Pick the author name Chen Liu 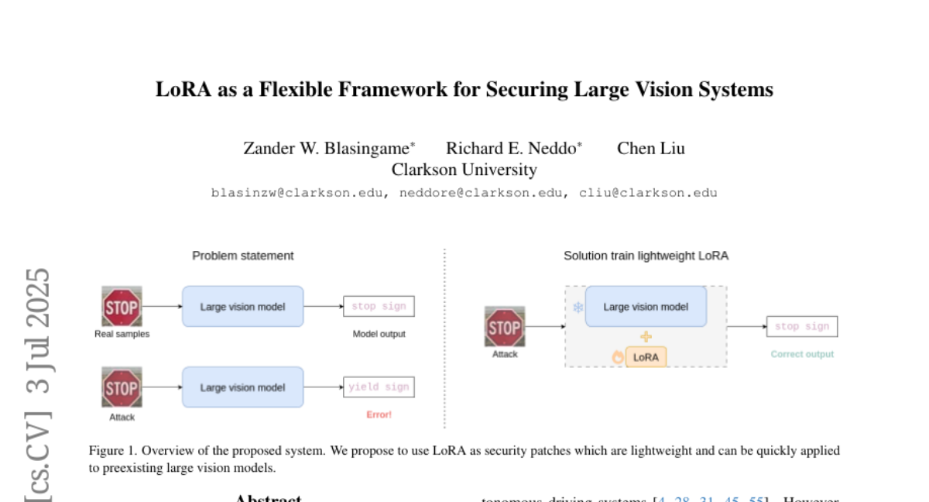point(650,148)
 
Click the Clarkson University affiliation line point(464,169)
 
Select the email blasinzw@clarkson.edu point(297,193)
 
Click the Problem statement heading point(243,256)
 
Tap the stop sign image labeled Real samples point(122,306)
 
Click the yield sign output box point(379,387)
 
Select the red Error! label point(379,415)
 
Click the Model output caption point(379,334)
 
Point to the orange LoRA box point(646,357)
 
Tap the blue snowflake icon point(578,308)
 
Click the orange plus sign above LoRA point(646,337)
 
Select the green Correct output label point(802,354)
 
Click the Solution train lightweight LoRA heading point(646,256)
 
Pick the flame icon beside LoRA point(618,357)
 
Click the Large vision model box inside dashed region point(646,307)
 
